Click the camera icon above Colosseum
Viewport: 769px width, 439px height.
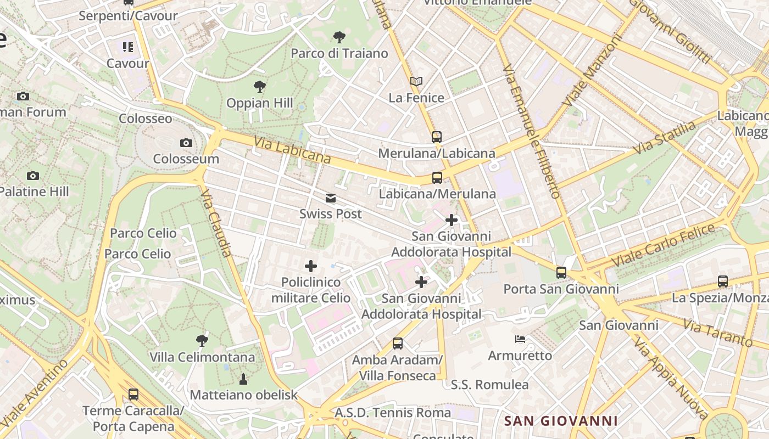(x=186, y=143)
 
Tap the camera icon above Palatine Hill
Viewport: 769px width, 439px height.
(x=33, y=176)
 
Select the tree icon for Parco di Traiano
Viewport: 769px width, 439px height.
(x=339, y=37)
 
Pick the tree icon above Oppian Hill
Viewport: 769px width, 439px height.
(x=260, y=87)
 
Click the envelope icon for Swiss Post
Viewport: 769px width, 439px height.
(x=331, y=198)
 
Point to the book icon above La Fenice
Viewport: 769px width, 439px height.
(x=416, y=82)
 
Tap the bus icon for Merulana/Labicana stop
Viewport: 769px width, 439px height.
(x=437, y=137)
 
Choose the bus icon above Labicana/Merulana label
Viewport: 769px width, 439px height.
(x=437, y=178)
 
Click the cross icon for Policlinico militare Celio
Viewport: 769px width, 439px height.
(x=311, y=267)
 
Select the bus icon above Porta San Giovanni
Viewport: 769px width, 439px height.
(x=561, y=273)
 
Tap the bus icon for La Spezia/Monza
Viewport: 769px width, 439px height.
(x=723, y=282)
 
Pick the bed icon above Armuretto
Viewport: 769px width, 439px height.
(x=520, y=339)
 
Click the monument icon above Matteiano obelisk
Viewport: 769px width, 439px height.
(x=243, y=379)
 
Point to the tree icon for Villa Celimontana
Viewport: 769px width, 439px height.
(x=202, y=341)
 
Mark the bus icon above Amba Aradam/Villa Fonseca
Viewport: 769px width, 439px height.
(x=398, y=344)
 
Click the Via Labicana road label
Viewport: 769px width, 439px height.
(x=292, y=150)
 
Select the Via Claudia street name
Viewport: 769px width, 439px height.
(x=216, y=223)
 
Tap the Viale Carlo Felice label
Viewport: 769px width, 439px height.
(x=664, y=245)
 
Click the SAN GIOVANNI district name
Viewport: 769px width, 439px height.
(x=561, y=421)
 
